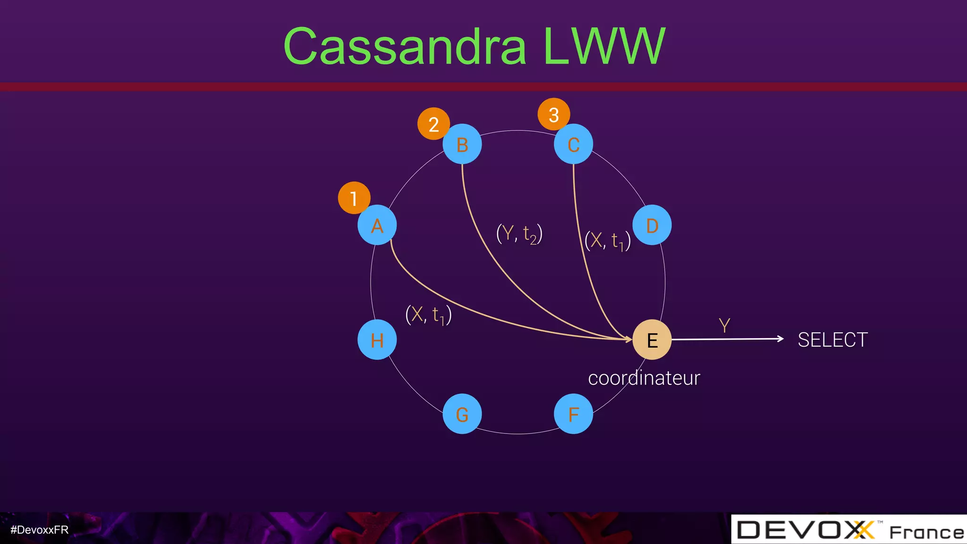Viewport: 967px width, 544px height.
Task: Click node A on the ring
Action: click(377, 225)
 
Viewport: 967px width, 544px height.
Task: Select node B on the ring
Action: click(462, 144)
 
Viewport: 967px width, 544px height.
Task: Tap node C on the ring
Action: click(573, 144)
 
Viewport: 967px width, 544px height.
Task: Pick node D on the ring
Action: click(652, 225)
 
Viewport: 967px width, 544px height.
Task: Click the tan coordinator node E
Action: click(652, 340)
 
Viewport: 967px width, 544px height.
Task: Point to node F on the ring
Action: click(573, 414)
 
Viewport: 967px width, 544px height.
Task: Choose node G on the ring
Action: click(462, 414)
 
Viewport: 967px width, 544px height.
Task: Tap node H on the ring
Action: click(377, 340)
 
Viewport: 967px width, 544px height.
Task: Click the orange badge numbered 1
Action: click(354, 198)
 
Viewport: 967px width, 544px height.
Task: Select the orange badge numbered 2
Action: click(433, 124)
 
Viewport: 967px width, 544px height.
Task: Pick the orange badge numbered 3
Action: click(553, 114)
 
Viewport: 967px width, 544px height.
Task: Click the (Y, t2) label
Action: click(519, 234)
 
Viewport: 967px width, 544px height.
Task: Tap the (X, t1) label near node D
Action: click(607, 241)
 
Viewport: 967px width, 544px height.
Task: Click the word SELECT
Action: click(832, 340)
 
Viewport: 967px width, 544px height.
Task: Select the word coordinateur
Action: click(644, 378)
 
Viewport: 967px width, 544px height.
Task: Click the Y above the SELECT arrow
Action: click(724, 325)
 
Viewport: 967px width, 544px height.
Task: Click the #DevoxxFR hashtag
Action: click(40, 530)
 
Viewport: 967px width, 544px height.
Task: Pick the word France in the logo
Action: click(926, 533)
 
